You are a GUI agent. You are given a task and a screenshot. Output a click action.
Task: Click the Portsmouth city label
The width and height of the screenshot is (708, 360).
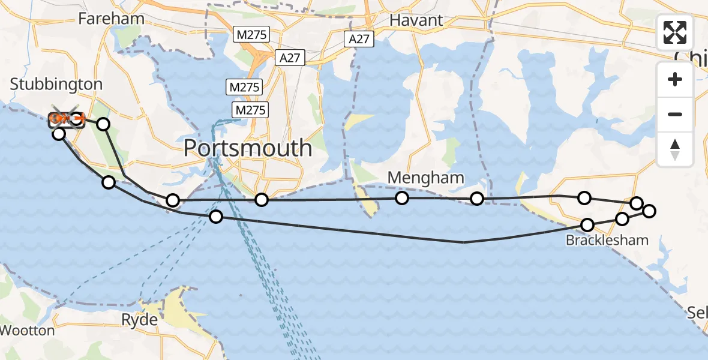[247, 148]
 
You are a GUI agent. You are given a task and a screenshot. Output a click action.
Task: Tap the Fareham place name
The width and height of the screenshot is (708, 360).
[112, 19]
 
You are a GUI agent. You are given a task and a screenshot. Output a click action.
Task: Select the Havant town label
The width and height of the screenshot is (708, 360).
[416, 20]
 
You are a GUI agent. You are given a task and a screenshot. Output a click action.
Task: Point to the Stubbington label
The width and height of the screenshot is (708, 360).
[56, 84]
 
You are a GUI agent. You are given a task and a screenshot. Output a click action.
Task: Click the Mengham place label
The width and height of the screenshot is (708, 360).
[426, 178]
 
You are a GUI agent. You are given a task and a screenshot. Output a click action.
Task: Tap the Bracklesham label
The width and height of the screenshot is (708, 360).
[607, 241]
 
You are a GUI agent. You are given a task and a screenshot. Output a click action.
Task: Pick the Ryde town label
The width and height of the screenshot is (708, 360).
[140, 319]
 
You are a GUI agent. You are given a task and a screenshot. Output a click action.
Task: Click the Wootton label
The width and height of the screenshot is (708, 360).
[28, 330]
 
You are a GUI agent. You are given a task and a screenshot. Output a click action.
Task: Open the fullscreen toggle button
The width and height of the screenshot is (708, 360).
[675, 32]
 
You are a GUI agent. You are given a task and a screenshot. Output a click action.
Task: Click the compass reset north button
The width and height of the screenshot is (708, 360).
[675, 149]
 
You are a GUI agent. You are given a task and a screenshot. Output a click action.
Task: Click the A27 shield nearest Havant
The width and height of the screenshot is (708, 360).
[359, 40]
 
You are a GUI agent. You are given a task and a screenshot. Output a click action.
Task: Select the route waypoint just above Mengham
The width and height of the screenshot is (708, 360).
[401, 198]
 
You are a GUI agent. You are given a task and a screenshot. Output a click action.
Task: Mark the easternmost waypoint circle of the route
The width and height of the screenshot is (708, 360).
[649, 211]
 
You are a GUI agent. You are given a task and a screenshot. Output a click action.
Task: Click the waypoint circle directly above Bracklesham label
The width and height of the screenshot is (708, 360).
[587, 224]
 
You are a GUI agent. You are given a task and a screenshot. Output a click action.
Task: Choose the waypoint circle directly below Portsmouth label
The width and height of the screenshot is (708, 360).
[261, 199]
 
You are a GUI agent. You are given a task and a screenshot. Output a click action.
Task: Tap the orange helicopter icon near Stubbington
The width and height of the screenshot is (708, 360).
[60, 119]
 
